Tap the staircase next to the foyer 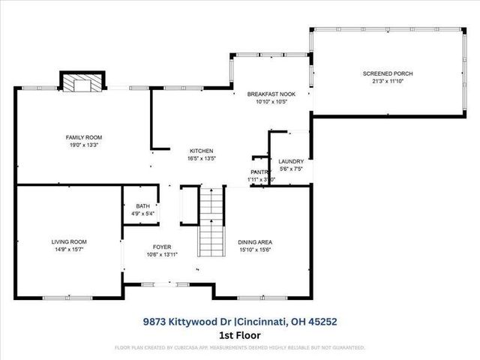click(211, 222)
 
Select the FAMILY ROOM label click(83, 137)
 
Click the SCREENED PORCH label click(388, 73)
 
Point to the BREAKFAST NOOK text click(271, 94)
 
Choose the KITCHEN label click(201, 151)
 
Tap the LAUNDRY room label click(290, 161)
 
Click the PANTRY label click(260, 172)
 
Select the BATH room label click(142, 206)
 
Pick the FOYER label click(162, 247)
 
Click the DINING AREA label click(254, 242)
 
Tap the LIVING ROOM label click(69, 241)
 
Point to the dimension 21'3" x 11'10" click(388, 81)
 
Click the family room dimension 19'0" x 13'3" click(83, 145)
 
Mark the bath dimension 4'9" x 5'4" click(142, 214)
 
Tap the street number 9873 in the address click(155, 321)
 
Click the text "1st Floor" click(239, 334)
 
